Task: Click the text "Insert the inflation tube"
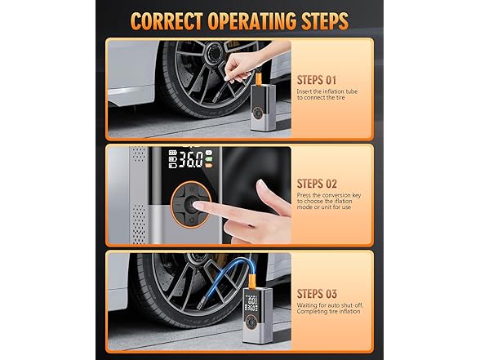tap(327, 91)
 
